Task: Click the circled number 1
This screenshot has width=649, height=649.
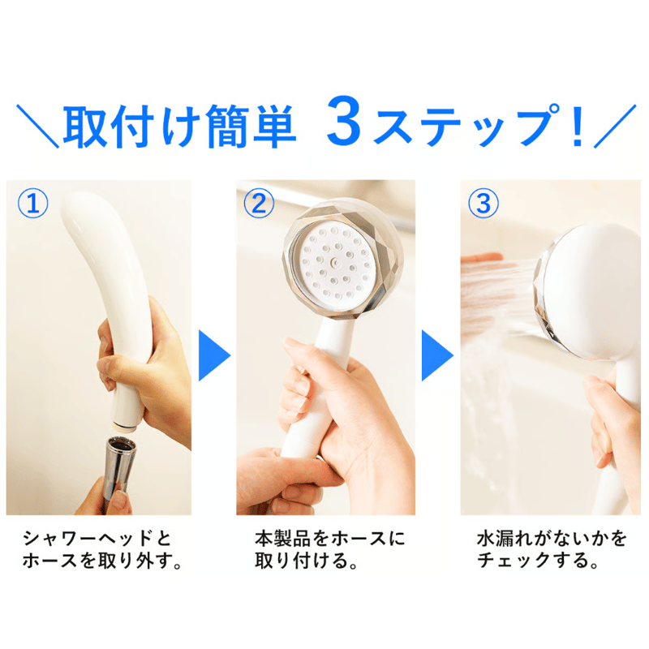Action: [32, 204]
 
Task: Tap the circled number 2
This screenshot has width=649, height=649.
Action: [259, 204]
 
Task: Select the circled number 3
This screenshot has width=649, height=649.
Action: [483, 204]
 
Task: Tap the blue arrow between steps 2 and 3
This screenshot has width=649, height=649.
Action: [437, 355]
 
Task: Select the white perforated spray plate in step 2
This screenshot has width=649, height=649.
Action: [334, 262]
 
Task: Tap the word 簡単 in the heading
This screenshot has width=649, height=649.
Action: [251, 126]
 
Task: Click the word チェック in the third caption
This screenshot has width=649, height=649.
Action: [514, 561]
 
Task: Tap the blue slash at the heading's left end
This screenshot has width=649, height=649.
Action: [37, 126]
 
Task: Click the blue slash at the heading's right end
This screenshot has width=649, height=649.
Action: [615, 126]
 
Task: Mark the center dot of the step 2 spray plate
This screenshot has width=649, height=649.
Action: [334, 262]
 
